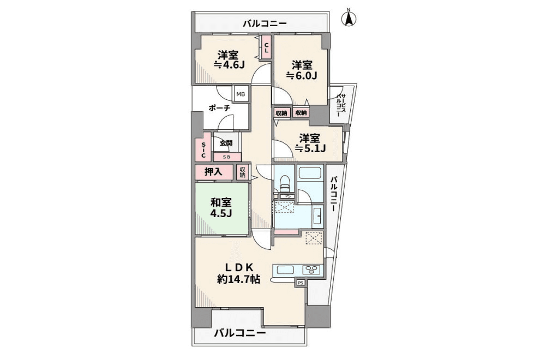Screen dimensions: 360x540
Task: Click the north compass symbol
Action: [349, 19]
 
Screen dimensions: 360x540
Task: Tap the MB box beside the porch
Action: [241, 94]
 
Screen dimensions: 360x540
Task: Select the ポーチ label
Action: [219, 108]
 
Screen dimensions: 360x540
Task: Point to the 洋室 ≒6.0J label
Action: [302, 70]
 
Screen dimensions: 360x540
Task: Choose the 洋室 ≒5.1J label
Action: [310, 142]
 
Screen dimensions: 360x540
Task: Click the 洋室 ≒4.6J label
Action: [229, 60]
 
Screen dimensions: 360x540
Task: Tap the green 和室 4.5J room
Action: [222, 207]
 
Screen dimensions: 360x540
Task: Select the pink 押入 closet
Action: [213, 172]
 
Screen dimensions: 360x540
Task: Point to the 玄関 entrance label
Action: [226, 143]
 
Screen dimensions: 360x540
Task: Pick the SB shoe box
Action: [226, 157]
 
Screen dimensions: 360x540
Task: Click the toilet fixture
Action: [284, 183]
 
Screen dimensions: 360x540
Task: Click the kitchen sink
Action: [286, 269]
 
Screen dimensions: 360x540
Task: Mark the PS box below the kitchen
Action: [300, 283]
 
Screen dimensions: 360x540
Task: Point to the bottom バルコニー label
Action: [239, 333]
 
